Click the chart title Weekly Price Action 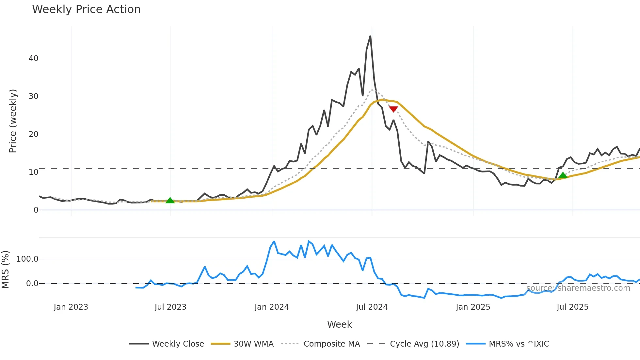click(86, 9)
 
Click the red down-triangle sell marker click(393, 109)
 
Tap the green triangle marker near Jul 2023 click(170, 201)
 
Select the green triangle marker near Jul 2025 click(563, 175)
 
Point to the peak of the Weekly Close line click(370, 36)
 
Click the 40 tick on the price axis click(33, 58)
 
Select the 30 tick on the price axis click(33, 96)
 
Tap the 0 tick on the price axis click(36, 210)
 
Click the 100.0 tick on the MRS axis click(27, 259)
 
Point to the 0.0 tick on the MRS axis click(32, 284)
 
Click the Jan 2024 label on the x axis click(272, 307)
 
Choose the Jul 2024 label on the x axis click(372, 307)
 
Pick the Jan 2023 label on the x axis click(71, 307)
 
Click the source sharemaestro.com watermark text click(578, 288)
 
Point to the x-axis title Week click(339, 324)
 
